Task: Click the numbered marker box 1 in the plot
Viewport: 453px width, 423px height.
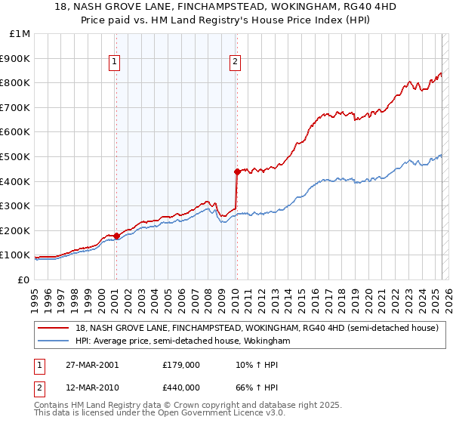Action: click(115, 63)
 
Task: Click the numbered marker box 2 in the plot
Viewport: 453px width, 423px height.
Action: click(236, 63)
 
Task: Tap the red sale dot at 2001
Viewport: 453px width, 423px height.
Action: click(117, 236)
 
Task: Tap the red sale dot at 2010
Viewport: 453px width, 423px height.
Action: click(237, 171)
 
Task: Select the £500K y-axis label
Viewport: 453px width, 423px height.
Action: click(16, 157)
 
